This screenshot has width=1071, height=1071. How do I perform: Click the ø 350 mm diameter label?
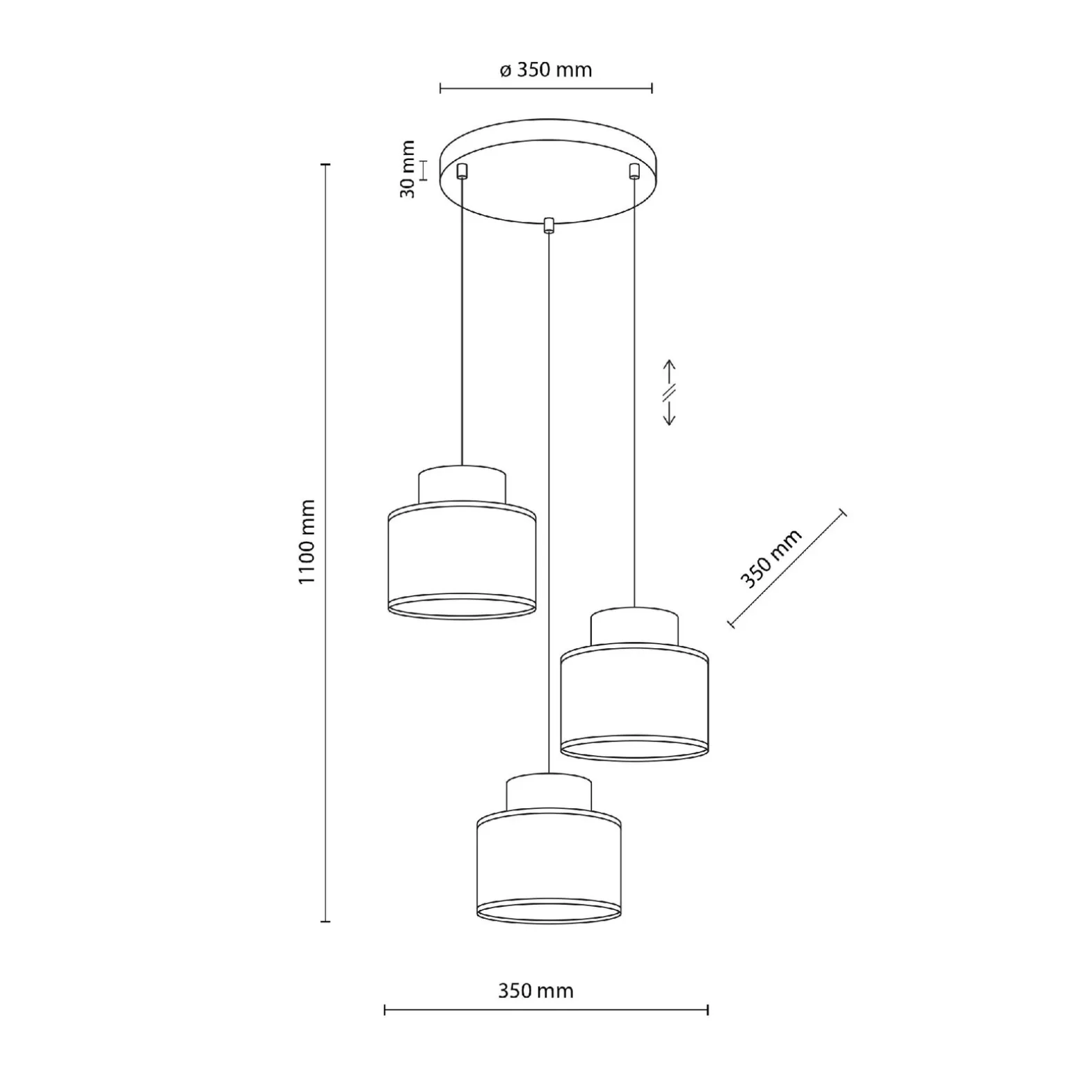point(546,70)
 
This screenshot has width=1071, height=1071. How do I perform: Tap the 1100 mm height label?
point(307,542)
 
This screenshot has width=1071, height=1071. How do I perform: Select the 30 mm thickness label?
point(408,169)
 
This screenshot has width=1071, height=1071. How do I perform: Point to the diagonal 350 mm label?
point(771,558)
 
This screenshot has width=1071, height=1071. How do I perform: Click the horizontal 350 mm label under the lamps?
point(535,991)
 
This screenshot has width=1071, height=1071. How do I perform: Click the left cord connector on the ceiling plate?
point(462,170)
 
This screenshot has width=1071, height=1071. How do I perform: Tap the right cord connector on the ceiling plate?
point(634,170)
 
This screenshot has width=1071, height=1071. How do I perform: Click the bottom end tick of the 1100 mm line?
point(325,921)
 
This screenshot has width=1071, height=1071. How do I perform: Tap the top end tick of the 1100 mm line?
point(325,165)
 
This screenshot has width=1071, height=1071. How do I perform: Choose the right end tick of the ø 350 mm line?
point(652,88)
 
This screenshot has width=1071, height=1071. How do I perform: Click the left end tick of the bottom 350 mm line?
point(385,1009)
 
